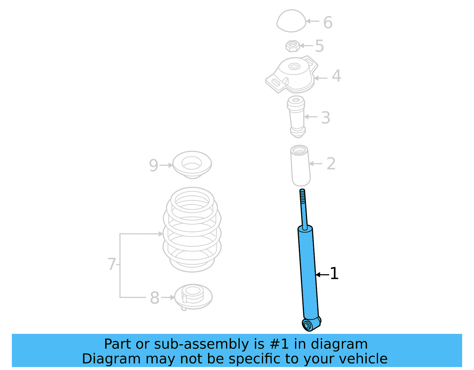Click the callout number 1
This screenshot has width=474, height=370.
pyautogui.click(x=334, y=273)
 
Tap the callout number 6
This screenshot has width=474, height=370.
pyautogui.click(x=328, y=23)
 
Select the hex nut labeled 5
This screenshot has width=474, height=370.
pyautogui.click(x=292, y=46)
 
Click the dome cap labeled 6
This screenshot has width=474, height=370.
pyautogui.click(x=291, y=21)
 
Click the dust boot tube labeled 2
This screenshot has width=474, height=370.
pyautogui.click(x=300, y=166)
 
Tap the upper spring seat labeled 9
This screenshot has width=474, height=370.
pyautogui.click(x=192, y=165)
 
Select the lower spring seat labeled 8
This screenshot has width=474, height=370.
pyautogui.click(x=193, y=297)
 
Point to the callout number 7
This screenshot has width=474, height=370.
pyautogui.click(x=111, y=264)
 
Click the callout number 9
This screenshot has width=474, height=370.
pyautogui.click(x=153, y=166)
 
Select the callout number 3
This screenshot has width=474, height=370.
pyautogui.click(x=326, y=118)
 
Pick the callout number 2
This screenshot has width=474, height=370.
pyautogui.click(x=331, y=164)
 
